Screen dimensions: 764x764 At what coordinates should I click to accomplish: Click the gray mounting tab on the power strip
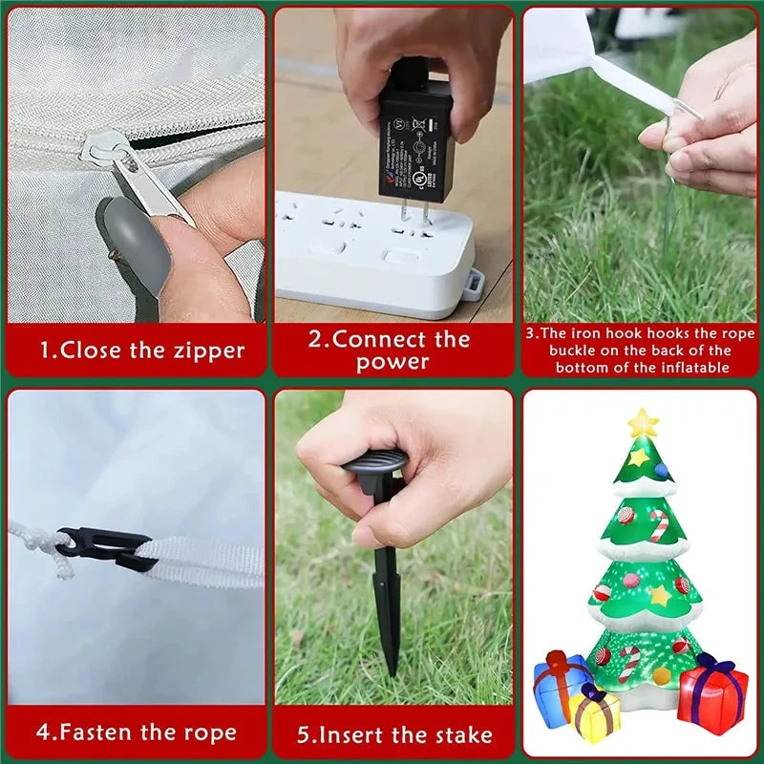pos(475,284)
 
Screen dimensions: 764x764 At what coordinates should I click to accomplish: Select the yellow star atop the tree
pos(643,422)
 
